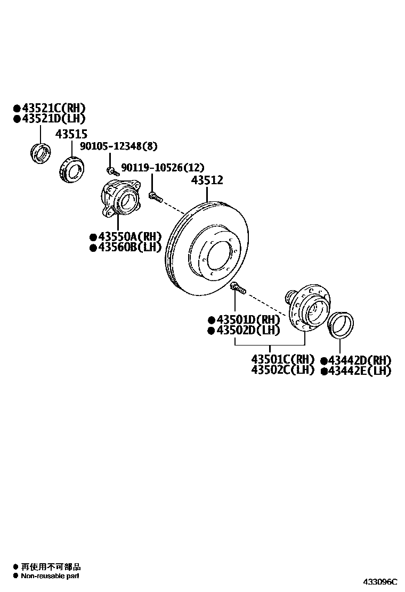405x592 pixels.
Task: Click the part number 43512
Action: click(x=207, y=180)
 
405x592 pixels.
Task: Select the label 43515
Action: click(x=71, y=134)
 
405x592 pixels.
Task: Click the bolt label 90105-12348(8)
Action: click(x=119, y=146)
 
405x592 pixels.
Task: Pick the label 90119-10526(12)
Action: click(x=163, y=168)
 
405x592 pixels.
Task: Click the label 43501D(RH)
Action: click(x=247, y=320)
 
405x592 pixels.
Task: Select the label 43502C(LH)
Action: click(x=283, y=370)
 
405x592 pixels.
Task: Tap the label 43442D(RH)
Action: click(x=360, y=360)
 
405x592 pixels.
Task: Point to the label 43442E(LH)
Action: click(x=360, y=371)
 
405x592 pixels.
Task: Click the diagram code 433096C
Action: click(x=380, y=582)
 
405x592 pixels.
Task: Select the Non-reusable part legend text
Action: click(x=50, y=576)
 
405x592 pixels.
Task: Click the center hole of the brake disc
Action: click(x=219, y=255)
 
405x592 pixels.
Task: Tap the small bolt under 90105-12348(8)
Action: click(x=112, y=171)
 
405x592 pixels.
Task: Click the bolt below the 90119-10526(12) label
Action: click(x=155, y=197)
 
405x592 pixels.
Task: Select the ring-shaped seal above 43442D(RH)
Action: click(x=340, y=325)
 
